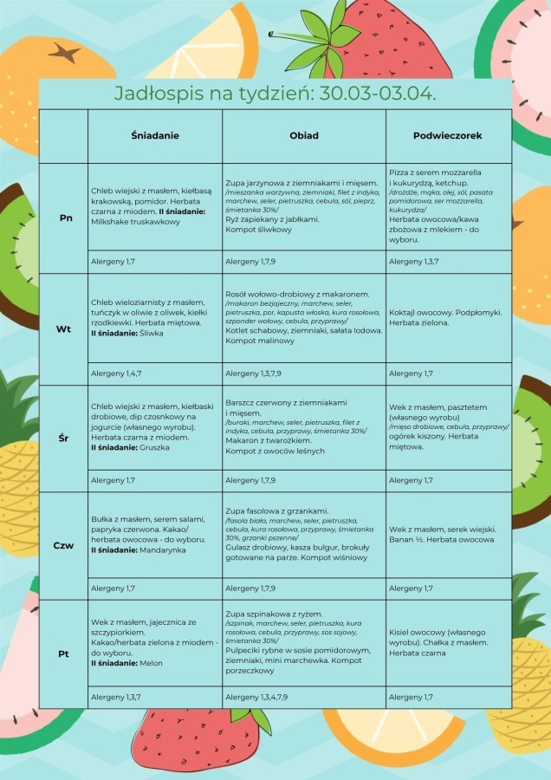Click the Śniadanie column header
click(x=154, y=136)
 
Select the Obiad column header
click(x=304, y=136)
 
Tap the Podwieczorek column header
click(x=448, y=136)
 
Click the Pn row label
click(x=66, y=217)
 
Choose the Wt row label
click(x=64, y=329)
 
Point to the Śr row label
click(x=64, y=439)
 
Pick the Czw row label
click(x=63, y=546)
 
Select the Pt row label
click(x=63, y=653)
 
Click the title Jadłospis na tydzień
click(x=275, y=94)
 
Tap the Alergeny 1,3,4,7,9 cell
click(x=257, y=697)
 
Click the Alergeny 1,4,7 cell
click(x=114, y=374)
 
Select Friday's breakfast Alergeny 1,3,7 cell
click(x=114, y=697)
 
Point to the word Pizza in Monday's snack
click(x=399, y=172)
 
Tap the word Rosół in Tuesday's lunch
click(x=237, y=294)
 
